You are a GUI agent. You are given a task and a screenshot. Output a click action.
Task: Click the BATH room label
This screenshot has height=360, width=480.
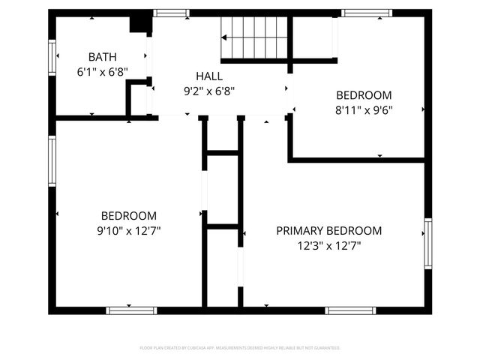(x=103, y=57)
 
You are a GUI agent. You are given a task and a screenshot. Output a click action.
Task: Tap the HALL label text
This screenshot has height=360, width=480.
(x=208, y=76)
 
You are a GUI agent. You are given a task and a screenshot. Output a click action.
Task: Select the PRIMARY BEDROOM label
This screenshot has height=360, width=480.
(x=328, y=231)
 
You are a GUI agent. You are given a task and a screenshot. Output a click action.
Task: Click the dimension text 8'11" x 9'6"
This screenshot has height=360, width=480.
(x=364, y=109)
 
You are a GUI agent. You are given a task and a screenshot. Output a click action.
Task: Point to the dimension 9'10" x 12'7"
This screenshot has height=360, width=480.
(x=129, y=230)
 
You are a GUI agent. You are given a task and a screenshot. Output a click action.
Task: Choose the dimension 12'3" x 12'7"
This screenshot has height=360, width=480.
(x=328, y=245)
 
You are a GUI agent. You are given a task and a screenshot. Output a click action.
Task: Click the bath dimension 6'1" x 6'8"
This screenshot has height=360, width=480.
(x=103, y=72)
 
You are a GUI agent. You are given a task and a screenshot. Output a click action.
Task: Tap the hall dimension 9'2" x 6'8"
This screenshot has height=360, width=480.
(x=208, y=90)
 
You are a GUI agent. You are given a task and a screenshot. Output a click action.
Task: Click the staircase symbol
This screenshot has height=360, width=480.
(x=254, y=37)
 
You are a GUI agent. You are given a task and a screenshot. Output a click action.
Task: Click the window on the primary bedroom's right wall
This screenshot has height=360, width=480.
(x=427, y=243)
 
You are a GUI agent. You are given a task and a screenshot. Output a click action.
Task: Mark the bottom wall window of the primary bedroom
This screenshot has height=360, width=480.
(x=350, y=310)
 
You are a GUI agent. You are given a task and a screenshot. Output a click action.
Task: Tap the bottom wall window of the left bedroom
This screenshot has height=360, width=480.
(x=131, y=310)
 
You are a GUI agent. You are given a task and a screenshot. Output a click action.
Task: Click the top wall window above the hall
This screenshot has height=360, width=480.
(x=171, y=13)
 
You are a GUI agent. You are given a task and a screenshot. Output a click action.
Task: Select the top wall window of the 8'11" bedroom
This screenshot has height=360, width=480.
(x=366, y=13)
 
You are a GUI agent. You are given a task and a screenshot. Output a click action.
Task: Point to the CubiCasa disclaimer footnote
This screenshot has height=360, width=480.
(x=240, y=348)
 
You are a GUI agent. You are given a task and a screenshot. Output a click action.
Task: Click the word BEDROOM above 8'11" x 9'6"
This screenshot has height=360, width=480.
(x=364, y=95)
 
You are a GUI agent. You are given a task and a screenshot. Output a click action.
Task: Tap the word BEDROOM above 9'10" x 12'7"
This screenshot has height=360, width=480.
(x=129, y=215)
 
